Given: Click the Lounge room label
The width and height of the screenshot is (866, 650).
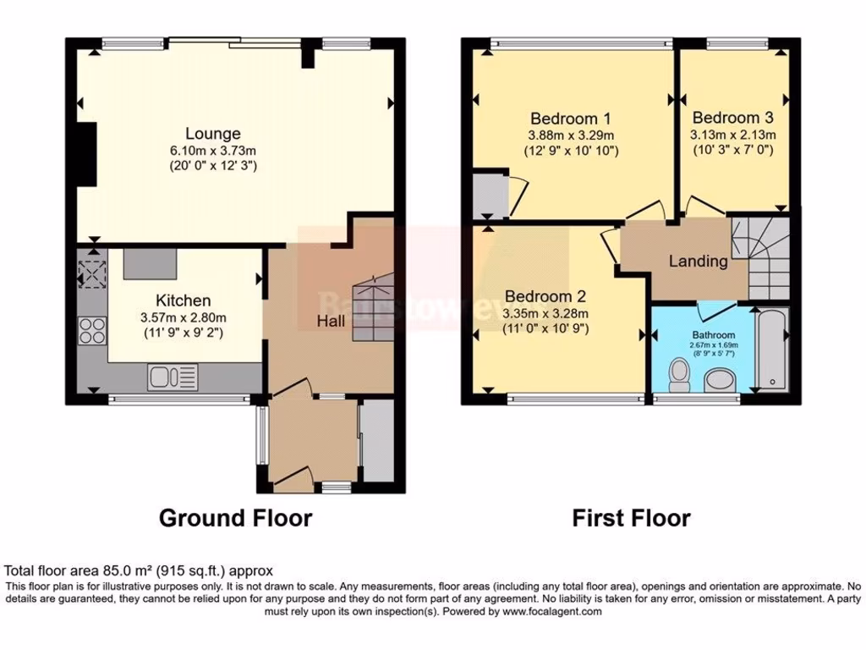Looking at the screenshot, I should pos(213,134).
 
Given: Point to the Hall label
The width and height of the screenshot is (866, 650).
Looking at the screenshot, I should pos(331,322).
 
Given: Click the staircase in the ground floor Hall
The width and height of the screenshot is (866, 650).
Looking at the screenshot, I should pos(372,309).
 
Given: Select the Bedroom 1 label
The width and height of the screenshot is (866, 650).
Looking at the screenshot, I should pos(571,118).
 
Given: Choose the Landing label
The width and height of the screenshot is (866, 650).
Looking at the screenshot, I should pos(698,262).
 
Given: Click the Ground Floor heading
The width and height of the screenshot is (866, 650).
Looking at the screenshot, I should pos(235,518).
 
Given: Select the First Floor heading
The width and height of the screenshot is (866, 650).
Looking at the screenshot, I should pos(631,518).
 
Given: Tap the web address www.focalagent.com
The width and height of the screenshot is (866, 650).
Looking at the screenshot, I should pos(553,611).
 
